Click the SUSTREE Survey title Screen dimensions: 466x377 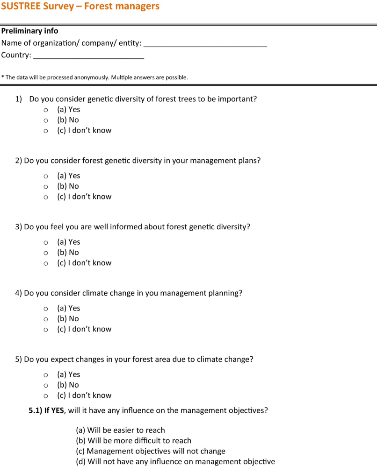coord(80,7)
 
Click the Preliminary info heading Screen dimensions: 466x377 coord(30,31)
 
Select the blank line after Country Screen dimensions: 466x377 coord(88,57)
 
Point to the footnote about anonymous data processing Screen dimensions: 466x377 coord(94,78)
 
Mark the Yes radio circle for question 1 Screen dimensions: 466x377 coord(46,110)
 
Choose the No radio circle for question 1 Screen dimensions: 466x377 coord(46,120)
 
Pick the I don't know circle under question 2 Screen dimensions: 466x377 coord(46,197)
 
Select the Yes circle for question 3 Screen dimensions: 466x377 coord(46,243)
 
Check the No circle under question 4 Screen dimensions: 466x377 coord(46,319)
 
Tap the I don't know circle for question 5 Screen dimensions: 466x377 coord(46,396)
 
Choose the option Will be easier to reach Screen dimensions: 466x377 coord(120,430)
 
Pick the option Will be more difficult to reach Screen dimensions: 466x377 coord(133,440)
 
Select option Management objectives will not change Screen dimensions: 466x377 coord(150,451)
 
